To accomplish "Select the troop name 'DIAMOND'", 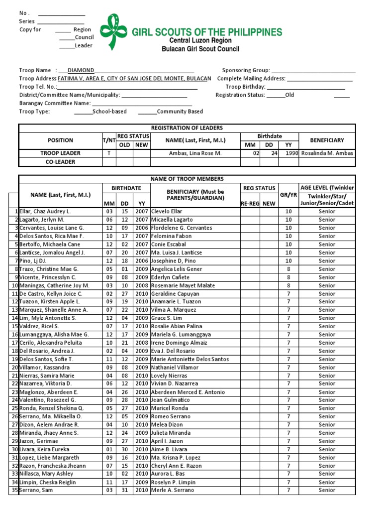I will pyautogui.click(x=80, y=70).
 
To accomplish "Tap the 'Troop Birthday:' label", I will pyautogui.click(x=245, y=87).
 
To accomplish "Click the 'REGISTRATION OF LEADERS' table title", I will pyautogui.click(x=187, y=128).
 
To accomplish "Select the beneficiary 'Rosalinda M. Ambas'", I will pyautogui.click(x=327, y=153).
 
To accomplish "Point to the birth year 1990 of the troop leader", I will pyautogui.click(x=291, y=153).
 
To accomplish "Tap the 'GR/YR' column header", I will pyautogui.click(x=288, y=195).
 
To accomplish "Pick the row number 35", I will pyautogui.click(x=14, y=490).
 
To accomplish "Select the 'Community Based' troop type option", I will pyautogui.click(x=180, y=112).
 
